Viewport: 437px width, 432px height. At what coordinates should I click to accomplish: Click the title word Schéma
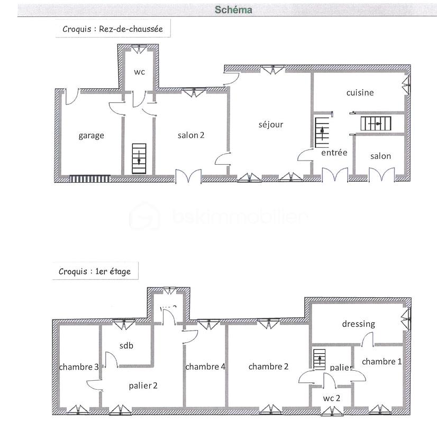(x=233, y=10)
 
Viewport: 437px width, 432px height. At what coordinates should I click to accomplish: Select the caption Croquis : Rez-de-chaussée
(x=113, y=30)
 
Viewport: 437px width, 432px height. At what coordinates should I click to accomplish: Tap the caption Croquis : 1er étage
(x=95, y=272)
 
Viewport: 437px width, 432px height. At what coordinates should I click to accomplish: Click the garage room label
(x=91, y=135)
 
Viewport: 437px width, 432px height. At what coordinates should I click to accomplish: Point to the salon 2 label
(x=190, y=135)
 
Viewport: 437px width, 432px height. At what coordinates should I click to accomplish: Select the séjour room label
(x=271, y=125)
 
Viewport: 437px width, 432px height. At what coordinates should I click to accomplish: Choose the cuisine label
(x=360, y=92)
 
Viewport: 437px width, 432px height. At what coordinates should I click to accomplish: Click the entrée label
(x=334, y=153)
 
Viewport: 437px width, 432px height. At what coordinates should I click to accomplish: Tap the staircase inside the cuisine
(x=376, y=124)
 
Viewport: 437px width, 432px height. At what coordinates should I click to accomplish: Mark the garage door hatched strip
(x=90, y=179)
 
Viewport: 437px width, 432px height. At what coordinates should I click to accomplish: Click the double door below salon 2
(x=188, y=177)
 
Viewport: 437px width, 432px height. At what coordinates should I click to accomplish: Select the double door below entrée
(x=334, y=176)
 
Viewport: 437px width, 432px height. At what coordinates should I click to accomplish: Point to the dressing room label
(x=358, y=324)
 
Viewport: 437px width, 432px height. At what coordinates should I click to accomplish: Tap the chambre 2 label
(x=268, y=367)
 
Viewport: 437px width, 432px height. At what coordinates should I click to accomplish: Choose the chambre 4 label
(x=206, y=367)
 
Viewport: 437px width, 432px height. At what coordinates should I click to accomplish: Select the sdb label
(x=126, y=345)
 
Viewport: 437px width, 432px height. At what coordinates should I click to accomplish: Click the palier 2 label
(x=143, y=386)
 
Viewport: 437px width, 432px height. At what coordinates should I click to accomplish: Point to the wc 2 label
(x=332, y=398)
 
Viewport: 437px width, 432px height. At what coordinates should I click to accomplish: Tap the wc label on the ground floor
(x=139, y=71)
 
